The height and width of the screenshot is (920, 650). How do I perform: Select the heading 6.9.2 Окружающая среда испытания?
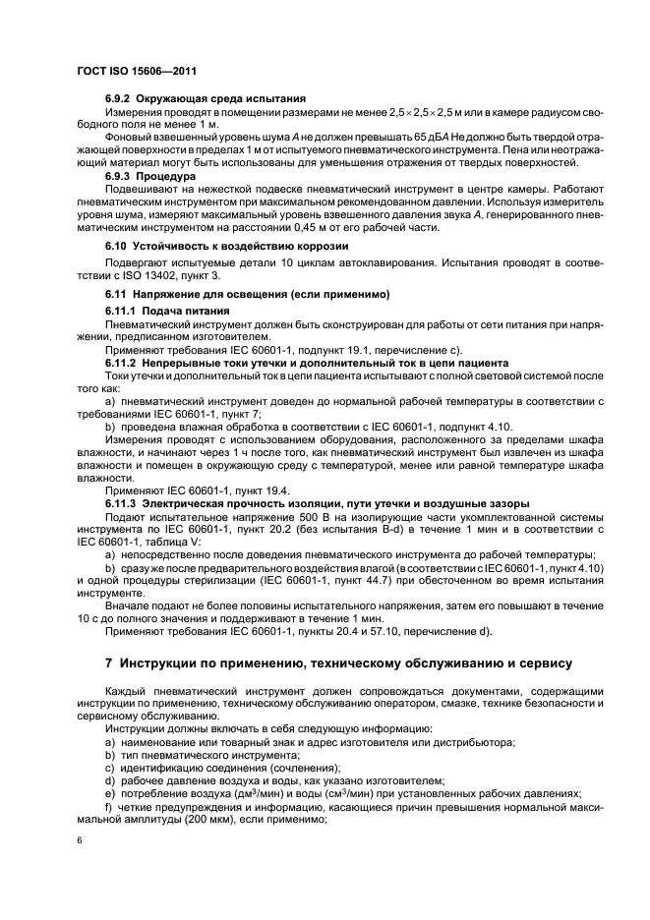tap(206, 99)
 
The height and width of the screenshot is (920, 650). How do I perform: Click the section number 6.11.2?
tap(122, 362)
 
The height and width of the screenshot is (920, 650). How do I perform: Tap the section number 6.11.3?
tap(122, 503)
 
